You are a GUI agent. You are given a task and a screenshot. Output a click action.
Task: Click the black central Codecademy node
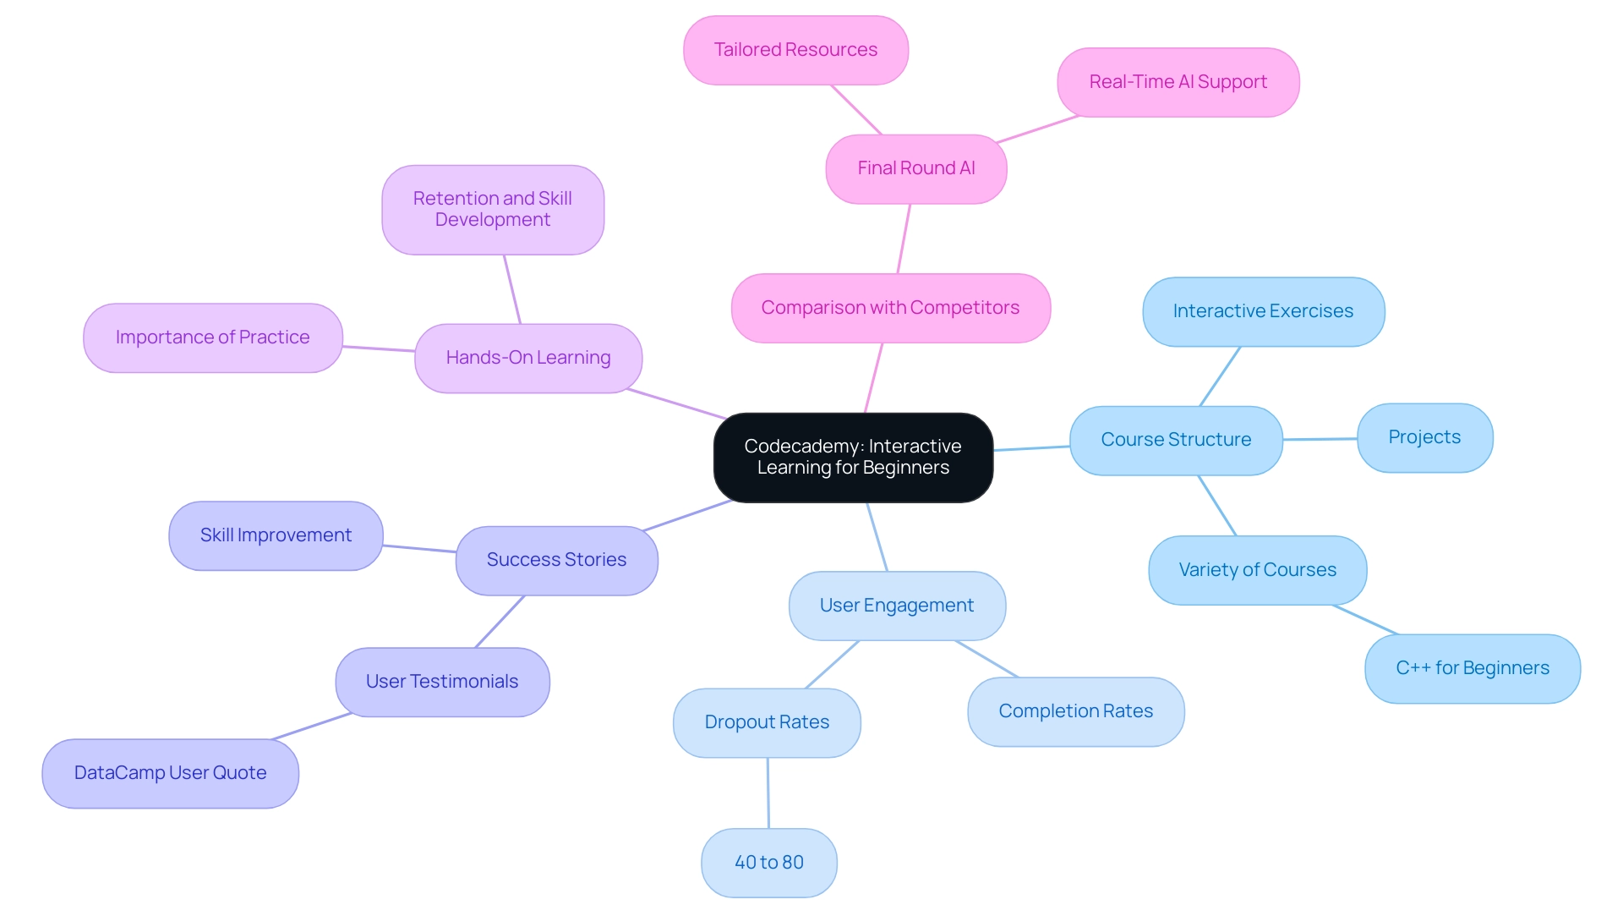pyautogui.click(x=853, y=458)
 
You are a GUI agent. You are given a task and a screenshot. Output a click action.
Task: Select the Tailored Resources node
pyautogui.click(x=795, y=50)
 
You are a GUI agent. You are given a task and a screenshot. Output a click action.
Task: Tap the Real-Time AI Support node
pyautogui.click(x=1178, y=82)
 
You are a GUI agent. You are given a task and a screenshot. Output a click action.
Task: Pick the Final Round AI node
pyautogui.click(x=915, y=168)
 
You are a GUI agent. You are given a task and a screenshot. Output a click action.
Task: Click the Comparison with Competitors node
pyautogui.click(x=890, y=308)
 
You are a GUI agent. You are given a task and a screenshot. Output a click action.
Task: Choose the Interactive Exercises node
pyautogui.click(x=1263, y=311)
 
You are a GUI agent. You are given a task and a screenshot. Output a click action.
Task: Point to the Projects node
pyautogui.click(x=1424, y=437)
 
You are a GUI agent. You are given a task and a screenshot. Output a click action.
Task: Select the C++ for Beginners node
pyautogui.click(x=1472, y=668)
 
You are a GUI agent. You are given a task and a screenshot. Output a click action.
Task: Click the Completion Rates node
pyautogui.click(x=1075, y=711)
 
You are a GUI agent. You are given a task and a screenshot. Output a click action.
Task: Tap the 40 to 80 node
pyautogui.click(x=768, y=863)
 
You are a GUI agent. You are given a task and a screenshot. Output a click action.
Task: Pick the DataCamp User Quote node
pyautogui.click(x=170, y=773)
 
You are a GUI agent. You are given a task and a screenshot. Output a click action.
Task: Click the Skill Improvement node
pyautogui.click(x=276, y=535)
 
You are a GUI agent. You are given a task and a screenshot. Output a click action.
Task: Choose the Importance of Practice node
pyautogui.click(x=212, y=337)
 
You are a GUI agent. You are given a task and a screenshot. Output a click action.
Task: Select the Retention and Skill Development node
pyautogui.click(x=492, y=209)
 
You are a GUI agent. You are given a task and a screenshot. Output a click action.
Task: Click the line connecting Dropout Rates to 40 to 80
pyautogui.click(x=768, y=793)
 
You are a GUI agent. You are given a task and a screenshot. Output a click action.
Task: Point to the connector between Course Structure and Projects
pyautogui.click(x=1320, y=439)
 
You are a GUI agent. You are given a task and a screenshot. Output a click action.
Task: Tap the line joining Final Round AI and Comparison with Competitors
pyautogui.click(x=904, y=239)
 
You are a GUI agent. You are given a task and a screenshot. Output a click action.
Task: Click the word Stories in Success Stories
pyautogui.click(x=595, y=560)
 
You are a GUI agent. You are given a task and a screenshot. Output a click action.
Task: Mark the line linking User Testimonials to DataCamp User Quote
pyautogui.click(x=311, y=727)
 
